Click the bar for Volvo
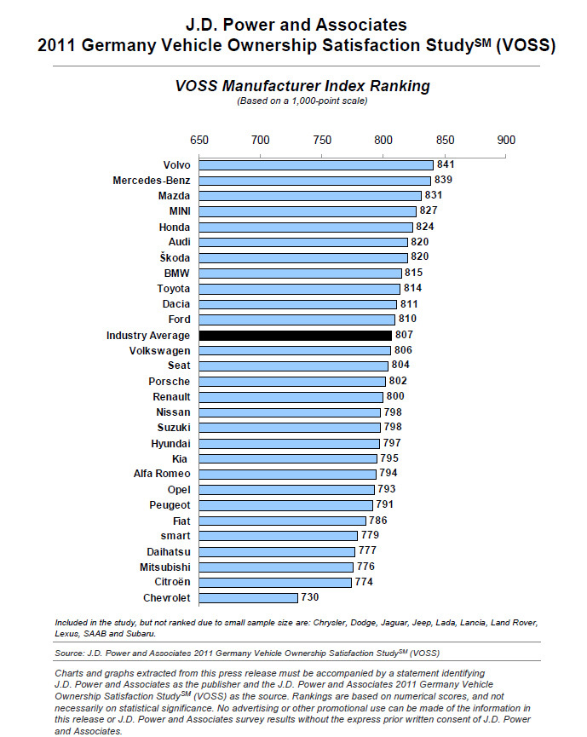316,165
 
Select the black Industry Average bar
295,336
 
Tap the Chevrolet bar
248,598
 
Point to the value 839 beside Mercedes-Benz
443,181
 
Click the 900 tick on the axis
506,141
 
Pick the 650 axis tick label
199,141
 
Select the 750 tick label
322,141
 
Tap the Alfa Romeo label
161,474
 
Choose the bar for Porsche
292,382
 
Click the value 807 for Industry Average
404,336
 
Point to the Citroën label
170,582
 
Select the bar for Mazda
310,196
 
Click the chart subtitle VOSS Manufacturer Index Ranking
291,86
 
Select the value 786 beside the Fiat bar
378,521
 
